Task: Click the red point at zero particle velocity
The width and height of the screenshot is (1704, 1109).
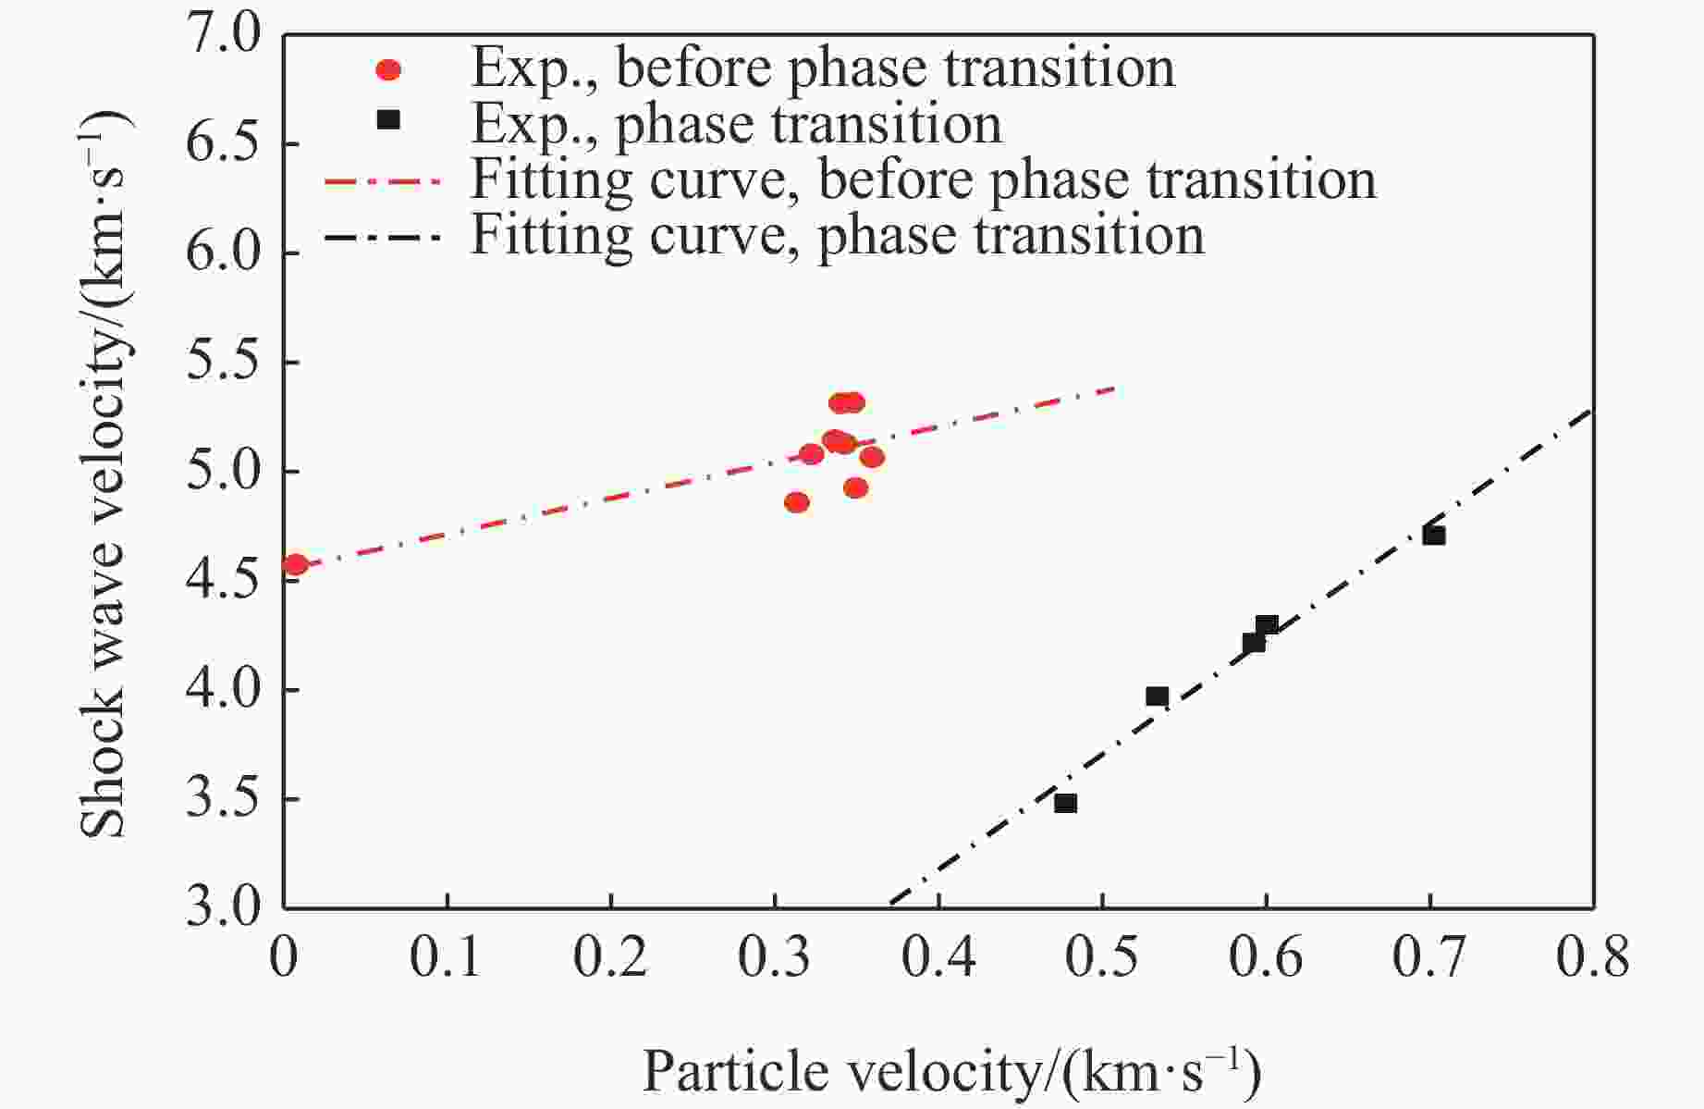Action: (295, 564)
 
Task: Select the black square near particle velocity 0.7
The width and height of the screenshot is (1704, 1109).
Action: (1434, 536)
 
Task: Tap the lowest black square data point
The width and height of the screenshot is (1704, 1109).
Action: (1065, 803)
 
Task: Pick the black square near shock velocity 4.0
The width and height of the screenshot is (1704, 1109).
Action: (1157, 696)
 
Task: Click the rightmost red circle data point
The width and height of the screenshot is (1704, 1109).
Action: (872, 457)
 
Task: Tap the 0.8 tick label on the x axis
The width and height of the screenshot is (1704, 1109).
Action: (1592, 958)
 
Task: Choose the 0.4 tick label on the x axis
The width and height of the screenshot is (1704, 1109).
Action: (938, 958)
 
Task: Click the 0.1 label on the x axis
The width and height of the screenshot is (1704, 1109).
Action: (447, 958)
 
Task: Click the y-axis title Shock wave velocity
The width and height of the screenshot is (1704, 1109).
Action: (103, 472)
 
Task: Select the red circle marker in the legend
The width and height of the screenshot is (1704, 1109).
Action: (389, 70)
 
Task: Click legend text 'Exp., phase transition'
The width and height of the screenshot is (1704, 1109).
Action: (736, 124)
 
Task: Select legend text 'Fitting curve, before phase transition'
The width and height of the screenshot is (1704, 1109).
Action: (924, 179)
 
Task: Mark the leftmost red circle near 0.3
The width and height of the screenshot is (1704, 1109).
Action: (796, 502)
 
